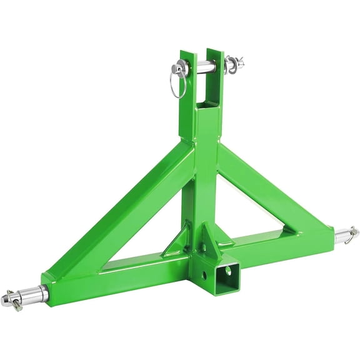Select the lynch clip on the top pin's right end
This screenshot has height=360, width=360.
[236, 63]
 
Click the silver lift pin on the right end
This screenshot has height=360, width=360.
[344, 236]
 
